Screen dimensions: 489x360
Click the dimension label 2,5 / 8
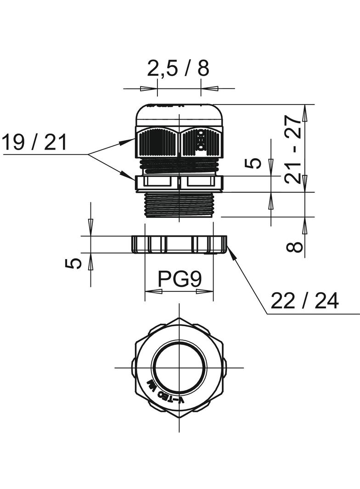pos(178,68)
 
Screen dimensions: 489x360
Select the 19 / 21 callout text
pos(34,143)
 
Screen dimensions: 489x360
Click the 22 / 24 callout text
pos(304,301)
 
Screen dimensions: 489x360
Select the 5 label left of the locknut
pos(73,263)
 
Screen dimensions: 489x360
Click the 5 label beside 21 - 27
pos(253,163)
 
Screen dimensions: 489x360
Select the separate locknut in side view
pos(179,244)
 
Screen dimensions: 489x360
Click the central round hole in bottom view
pos(179,367)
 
